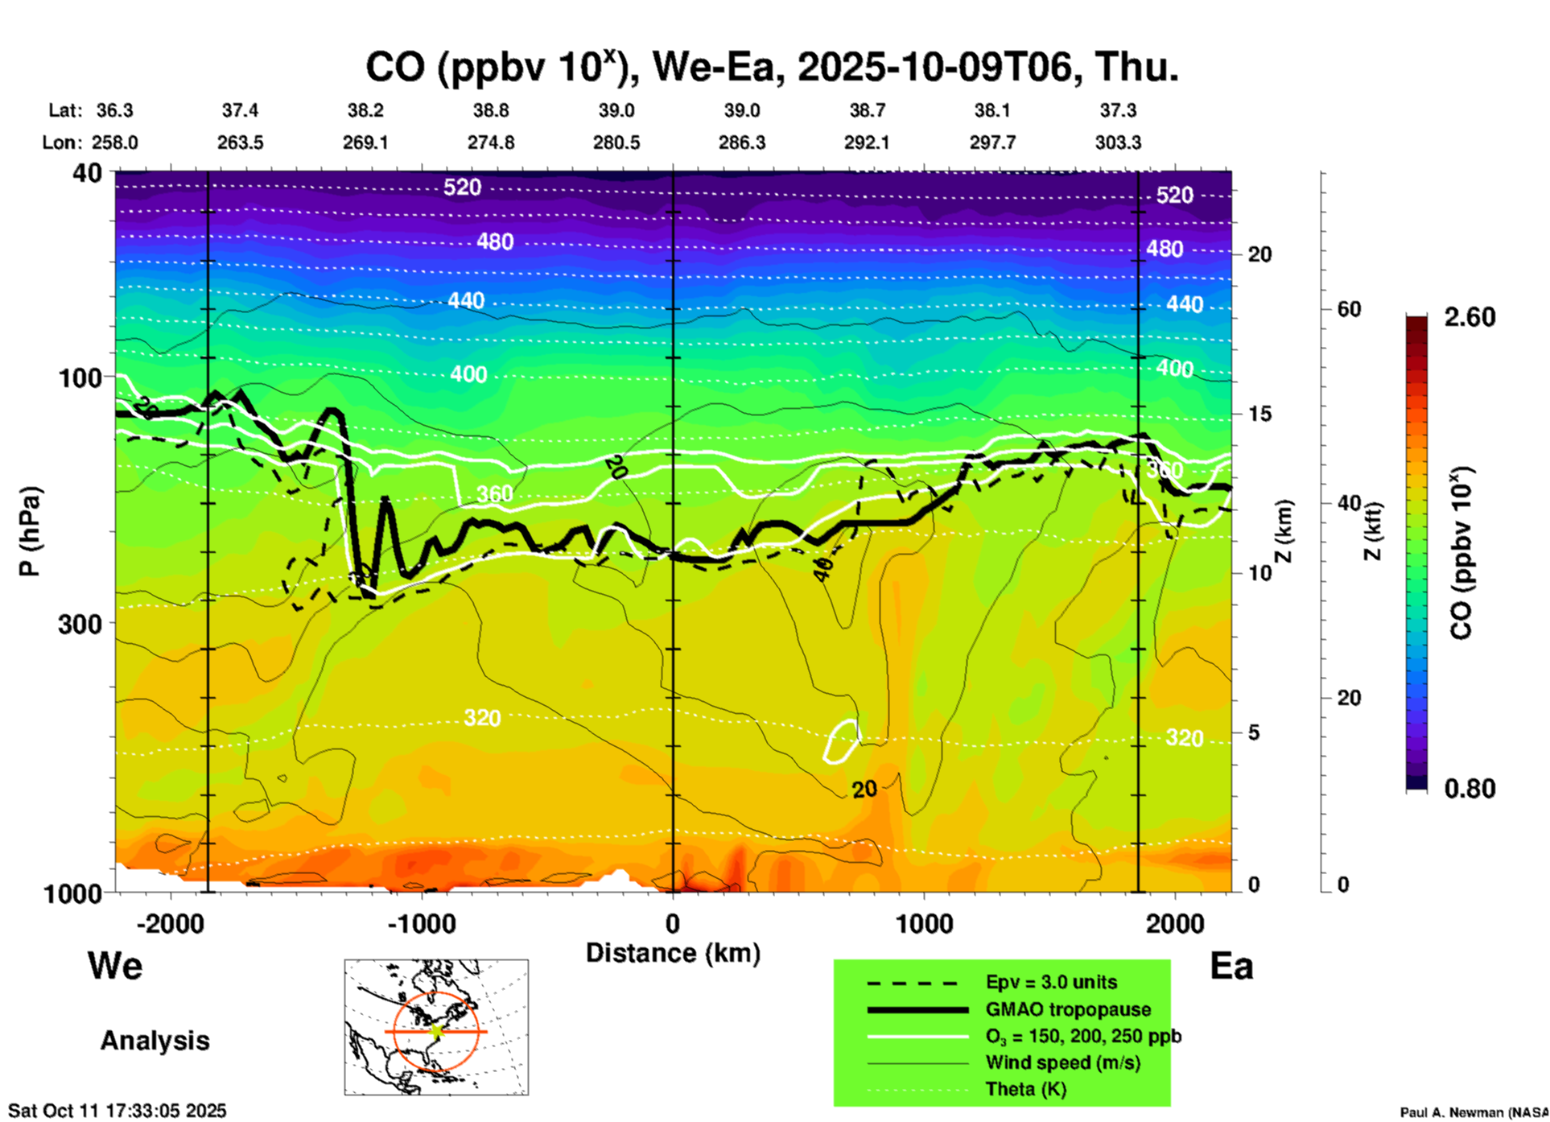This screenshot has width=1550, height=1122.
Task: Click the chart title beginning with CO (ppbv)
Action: click(771, 68)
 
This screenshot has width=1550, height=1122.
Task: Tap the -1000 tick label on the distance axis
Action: click(421, 924)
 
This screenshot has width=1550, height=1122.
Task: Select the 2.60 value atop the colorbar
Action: click(1470, 317)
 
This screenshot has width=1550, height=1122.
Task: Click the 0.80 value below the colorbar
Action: click(1470, 788)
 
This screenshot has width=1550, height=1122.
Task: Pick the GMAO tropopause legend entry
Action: click(1068, 1009)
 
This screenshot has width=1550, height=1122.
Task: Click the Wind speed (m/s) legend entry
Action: click(1062, 1062)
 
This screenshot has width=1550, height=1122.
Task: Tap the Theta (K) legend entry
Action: click(1025, 1089)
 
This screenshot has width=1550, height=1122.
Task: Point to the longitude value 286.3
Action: click(742, 142)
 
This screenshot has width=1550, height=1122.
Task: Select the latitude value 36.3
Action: click(114, 110)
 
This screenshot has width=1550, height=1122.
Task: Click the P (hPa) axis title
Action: click(30, 531)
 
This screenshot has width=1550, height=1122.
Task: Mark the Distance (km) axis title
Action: click(673, 953)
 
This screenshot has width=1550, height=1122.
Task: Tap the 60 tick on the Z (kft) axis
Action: click(1349, 309)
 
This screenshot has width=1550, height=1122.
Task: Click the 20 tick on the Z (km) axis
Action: click(1259, 254)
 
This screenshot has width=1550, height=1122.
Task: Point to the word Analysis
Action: click(155, 1040)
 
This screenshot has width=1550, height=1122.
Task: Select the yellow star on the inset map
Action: click(436, 1030)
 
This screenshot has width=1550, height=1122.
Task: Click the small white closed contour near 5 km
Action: click(842, 740)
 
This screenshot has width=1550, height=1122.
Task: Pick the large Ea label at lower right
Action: click(1231, 966)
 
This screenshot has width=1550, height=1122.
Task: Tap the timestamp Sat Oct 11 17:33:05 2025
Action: click(117, 1111)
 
